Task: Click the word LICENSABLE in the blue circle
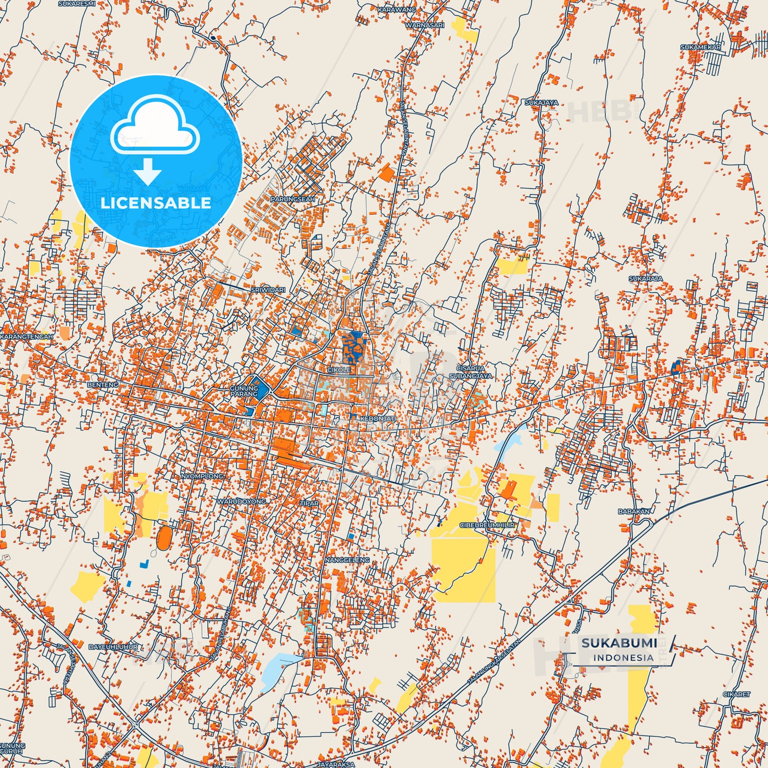click(x=156, y=202)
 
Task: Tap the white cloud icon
click(x=155, y=128)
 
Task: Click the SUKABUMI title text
click(x=619, y=643)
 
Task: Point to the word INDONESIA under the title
click(x=623, y=657)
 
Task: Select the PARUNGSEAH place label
click(x=293, y=199)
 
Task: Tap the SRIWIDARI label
click(x=268, y=290)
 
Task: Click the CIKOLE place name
click(x=339, y=370)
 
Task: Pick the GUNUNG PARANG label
click(x=244, y=391)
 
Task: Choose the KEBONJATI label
click(x=378, y=419)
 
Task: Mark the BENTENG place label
click(x=103, y=384)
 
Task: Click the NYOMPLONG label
click(x=202, y=476)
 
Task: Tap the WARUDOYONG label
click(x=241, y=501)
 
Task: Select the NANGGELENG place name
click(x=347, y=560)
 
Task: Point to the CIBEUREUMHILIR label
click(x=487, y=525)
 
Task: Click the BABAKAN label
click(x=634, y=511)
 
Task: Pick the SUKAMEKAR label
click(x=701, y=47)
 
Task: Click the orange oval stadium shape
click(x=164, y=537)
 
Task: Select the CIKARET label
click(x=736, y=694)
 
